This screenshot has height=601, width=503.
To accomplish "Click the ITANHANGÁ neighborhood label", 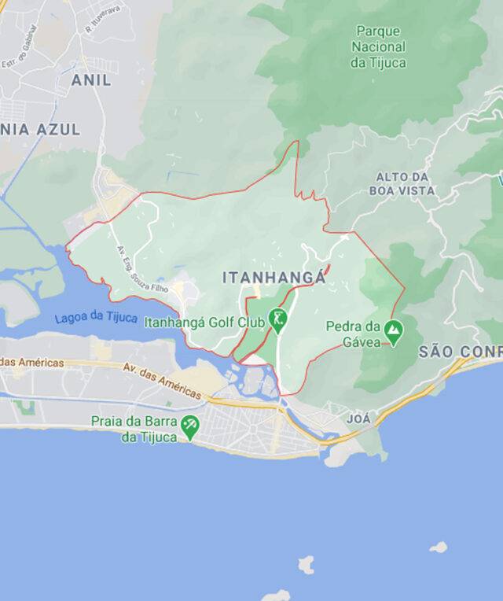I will tap(274, 278).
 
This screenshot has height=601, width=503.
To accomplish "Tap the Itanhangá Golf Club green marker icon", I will tap(277, 319).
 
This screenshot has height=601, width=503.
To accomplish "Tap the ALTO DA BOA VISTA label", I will tap(406, 183).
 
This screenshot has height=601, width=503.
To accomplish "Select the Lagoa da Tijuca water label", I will tap(96, 319).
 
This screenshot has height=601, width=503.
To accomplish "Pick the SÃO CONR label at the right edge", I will tap(461, 351).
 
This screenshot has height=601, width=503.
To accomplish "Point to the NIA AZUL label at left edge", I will tap(39, 130).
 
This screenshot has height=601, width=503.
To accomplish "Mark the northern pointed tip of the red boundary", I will tap(298, 142).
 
